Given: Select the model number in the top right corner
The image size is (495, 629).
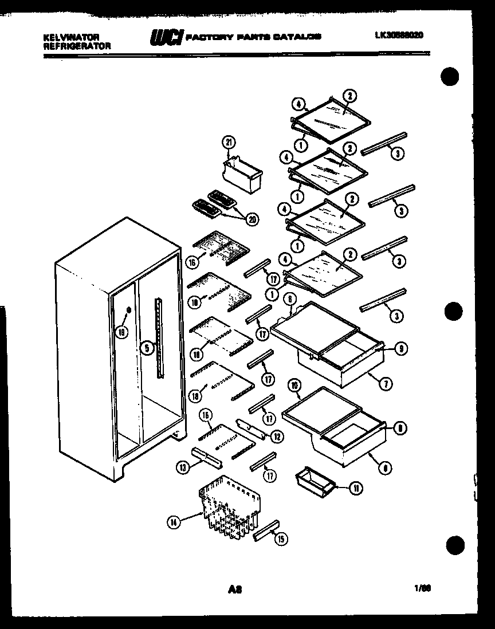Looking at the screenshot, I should pyautogui.click(x=399, y=36).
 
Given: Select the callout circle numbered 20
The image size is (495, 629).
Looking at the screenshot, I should pyautogui.click(x=250, y=218).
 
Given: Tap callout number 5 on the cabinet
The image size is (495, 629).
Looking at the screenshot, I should pyautogui.click(x=147, y=347).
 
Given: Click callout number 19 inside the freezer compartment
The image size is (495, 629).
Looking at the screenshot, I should pyautogui.click(x=121, y=331).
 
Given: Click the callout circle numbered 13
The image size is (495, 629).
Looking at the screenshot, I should pyautogui.click(x=183, y=467).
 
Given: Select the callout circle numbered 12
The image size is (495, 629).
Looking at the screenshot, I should pyautogui.click(x=277, y=437).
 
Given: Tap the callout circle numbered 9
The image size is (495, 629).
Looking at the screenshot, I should pyautogui.click(x=400, y=348).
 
